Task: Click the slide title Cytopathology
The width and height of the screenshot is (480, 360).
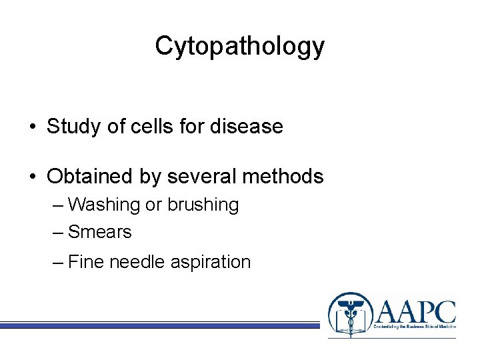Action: [x=240, y=46]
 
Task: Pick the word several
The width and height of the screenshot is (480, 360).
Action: [x=199, y=177]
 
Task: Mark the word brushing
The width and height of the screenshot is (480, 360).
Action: [x=203, y=205]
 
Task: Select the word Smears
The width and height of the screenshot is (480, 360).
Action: [x=100, y=232]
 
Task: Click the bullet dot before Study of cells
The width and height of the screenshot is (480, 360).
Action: [x=32, y=127]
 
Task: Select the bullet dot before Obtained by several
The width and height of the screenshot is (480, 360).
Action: [x=32, y=177]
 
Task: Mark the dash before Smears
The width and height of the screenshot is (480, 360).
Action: [x=57, y=232]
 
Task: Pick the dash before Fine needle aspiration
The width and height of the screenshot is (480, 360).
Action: [x=57, y=262]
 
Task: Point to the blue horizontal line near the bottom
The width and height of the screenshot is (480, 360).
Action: [x=160, y=325]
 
